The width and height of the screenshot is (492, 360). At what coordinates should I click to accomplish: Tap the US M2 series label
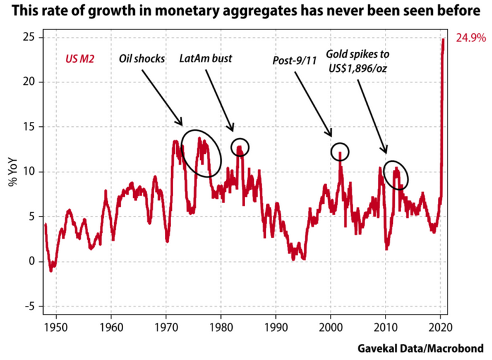[x=79, y=60]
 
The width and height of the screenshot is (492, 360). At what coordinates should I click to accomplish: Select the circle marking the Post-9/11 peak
[x=339, y=151]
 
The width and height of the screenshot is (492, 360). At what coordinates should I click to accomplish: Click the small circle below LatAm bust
[x=240, y=146]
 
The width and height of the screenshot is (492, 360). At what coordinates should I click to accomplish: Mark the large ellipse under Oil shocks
[x=201, y=153]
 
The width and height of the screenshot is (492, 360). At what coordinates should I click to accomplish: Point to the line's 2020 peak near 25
[x=443, y=39]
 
